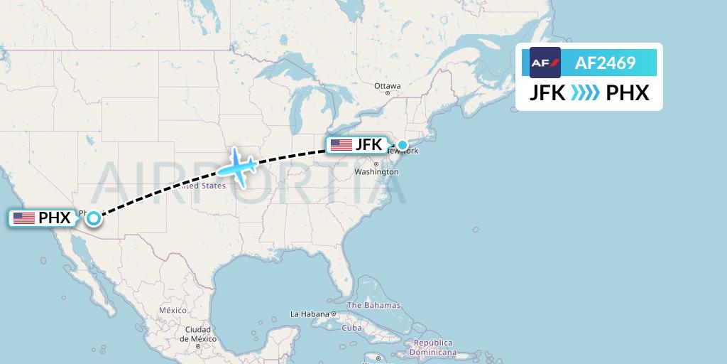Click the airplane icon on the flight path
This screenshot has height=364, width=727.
coord(237,167)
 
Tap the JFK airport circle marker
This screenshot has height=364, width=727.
coord(403,146)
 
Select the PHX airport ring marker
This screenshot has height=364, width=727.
coord(93,218)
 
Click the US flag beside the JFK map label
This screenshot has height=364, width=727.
coord(341,145)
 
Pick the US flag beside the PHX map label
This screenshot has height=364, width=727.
coord(24,218)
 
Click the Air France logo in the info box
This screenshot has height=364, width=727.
coord(545,63)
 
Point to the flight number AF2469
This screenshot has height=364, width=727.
coord(605,63)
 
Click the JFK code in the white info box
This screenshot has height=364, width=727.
coord(547,93)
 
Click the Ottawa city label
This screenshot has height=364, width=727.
coord(388,86)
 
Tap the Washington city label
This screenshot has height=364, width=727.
coord(376,172)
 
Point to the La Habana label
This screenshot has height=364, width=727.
coord(310,314)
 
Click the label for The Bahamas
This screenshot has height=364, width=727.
coord(373,306)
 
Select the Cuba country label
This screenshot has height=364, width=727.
coord(352,328)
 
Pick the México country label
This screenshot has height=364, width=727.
coord(172,311)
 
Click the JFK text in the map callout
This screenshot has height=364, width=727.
coord(368,145)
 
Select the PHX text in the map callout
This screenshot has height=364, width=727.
coord(55,218)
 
